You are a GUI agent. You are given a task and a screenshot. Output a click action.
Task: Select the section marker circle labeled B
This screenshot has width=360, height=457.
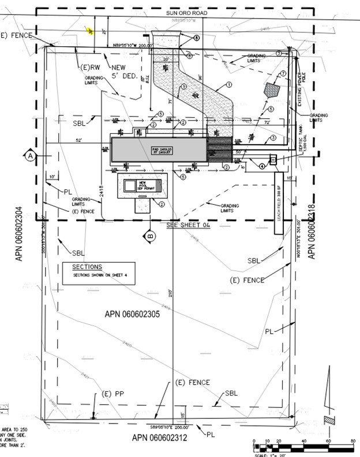[149, 235]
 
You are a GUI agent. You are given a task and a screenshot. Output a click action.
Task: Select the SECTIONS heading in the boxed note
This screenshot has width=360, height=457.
[87, 267]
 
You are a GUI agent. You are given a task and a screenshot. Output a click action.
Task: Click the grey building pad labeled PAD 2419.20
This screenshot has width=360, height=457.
[159, 149]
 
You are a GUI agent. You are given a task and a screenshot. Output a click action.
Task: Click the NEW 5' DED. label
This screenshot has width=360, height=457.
[126, 72]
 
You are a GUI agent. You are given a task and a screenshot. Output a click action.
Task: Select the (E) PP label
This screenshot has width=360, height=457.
[114, 394]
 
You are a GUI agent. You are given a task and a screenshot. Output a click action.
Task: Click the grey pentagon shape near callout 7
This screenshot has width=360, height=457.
[272, 90]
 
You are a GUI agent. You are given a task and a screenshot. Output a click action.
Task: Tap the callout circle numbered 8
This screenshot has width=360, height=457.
[197, 38]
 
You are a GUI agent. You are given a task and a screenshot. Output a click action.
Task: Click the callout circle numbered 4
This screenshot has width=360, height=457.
[262, 166]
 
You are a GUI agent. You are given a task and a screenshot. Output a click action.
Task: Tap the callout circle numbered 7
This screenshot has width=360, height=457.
[283, 73]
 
